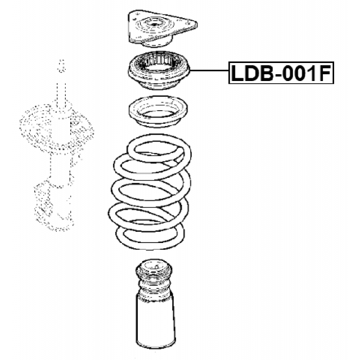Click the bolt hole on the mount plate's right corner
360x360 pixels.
[189, 24]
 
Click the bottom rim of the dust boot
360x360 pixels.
[157, 344]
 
